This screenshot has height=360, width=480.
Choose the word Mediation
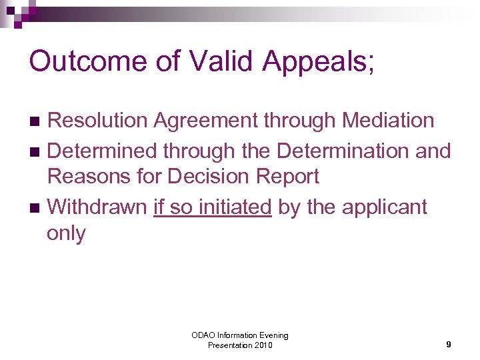387,121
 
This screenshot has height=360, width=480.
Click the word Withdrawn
97,207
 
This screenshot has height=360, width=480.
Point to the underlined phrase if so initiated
212,207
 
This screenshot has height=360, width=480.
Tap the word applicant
384,208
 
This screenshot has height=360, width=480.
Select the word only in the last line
66,234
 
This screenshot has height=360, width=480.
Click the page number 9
449,345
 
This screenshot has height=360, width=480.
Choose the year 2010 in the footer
261,345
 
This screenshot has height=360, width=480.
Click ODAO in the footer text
203,335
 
